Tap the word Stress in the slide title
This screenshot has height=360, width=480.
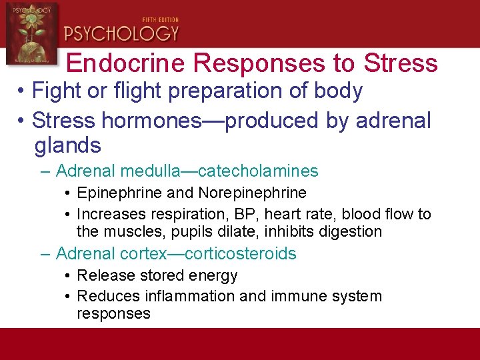[x=401, y=63]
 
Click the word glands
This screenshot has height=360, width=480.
[x=67, y=145]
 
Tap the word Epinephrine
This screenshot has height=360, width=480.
[x=118, y=193]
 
